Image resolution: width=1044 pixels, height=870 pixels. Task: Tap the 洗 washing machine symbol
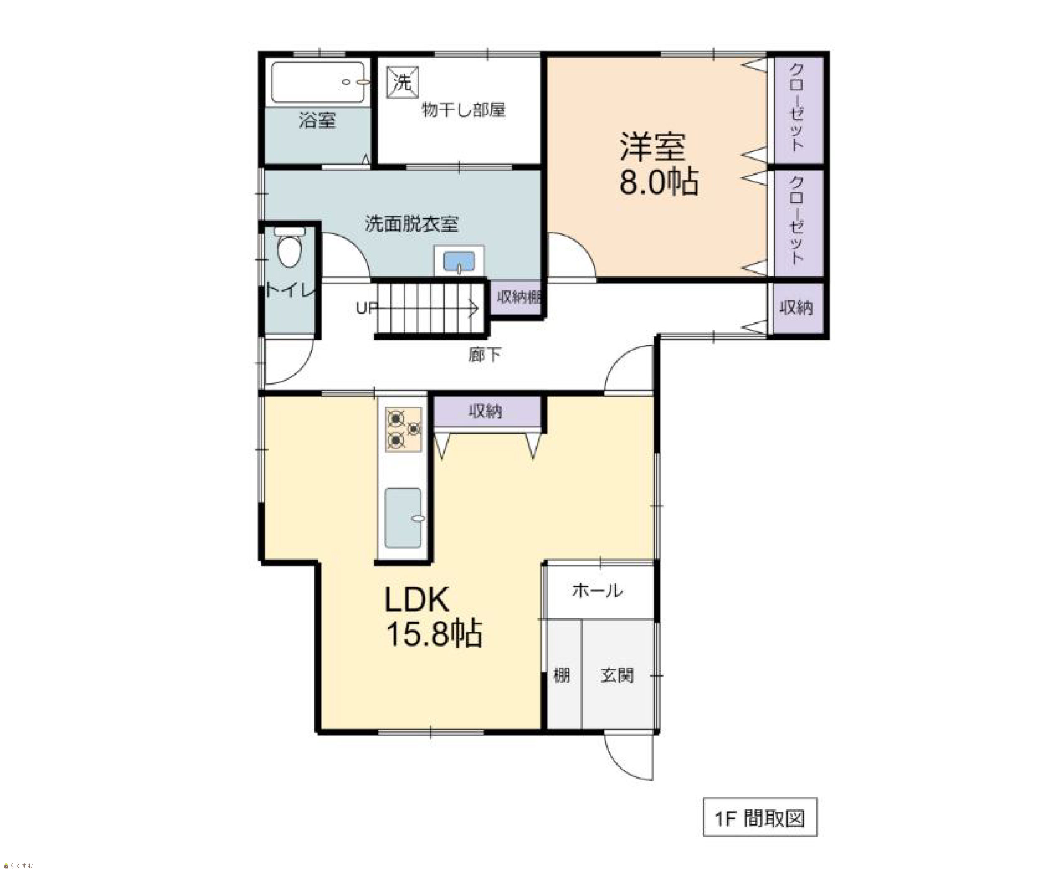[402, 83]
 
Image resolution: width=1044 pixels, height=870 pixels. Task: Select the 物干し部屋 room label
[464, 110]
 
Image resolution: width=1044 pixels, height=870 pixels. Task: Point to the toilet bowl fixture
[289, 247]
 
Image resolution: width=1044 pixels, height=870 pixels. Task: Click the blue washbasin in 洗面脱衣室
[459, 261]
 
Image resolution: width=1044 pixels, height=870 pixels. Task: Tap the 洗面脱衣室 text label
[412, 224]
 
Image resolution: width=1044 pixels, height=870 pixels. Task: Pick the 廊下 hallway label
[484, 355]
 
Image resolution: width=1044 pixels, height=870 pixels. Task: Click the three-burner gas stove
[403, 429]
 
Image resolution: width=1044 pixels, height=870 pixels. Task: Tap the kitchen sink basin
[403, 517]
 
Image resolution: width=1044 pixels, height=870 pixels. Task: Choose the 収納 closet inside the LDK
[487, 411]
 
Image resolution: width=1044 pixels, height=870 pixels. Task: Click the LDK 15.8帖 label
[433, 616]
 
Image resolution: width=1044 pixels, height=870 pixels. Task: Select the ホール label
[597, 591]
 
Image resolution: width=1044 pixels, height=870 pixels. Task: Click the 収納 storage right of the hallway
[796, 308]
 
